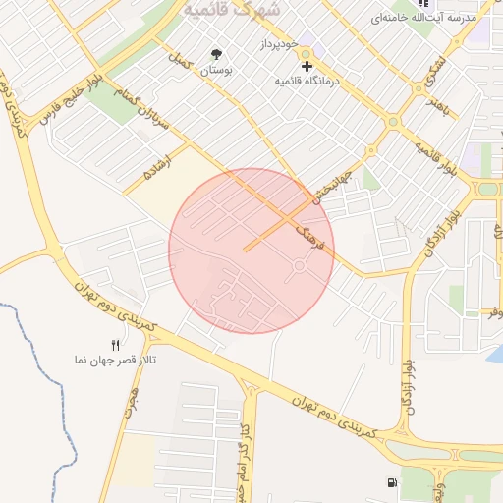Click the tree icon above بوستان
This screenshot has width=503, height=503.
click(216, 54)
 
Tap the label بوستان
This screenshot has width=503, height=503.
click(218, 71)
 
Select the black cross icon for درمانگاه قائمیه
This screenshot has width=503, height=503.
click(307, 67)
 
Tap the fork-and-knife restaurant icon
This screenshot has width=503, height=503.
click(116, 345)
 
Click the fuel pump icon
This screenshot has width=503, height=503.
click(393, 482)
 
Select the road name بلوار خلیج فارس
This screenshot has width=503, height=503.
click(70, 99)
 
